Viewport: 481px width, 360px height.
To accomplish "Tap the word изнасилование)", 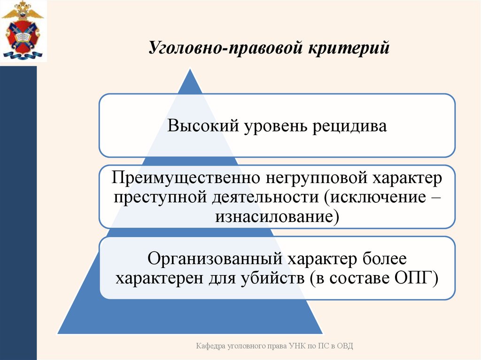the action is pyautogui.click(x=277, y=216).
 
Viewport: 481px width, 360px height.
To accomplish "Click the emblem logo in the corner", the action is pyautogui.click(x=22, y=31).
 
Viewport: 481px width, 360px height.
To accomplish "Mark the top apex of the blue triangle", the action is pyautogui.click(x=190, y=69).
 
